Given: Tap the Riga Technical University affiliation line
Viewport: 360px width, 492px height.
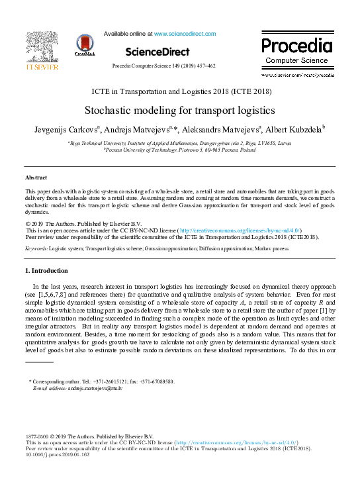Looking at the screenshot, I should click(179, 142).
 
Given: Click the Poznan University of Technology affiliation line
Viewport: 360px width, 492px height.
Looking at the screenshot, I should click(179, 150).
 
